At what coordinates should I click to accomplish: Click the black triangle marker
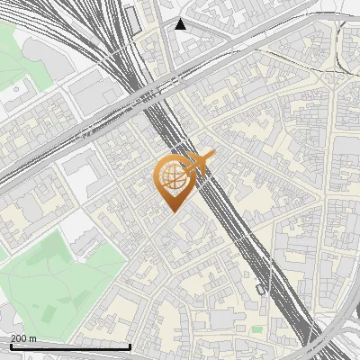click(x=181, y=24)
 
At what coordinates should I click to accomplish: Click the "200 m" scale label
click(x=22, y=337)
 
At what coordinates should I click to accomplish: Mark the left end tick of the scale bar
click(x=10, y=346)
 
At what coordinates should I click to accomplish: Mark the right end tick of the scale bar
click(x=131, y=346)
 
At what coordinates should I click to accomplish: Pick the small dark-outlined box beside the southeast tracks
click(x=260, y=289)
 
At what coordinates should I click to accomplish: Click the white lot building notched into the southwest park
click(x=85, y=236)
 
